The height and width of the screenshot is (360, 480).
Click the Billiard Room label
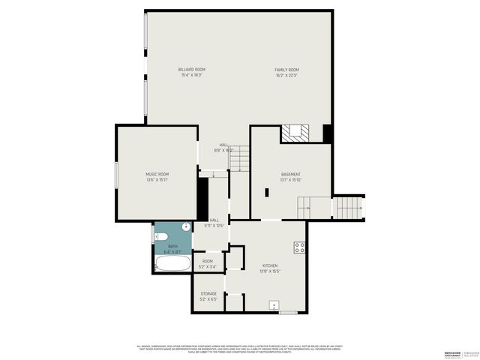coord(193,70)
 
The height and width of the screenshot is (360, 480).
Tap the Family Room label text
coord(286,70)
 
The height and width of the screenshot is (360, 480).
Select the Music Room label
coord(157,174)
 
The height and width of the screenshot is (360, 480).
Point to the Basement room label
coord(290,175)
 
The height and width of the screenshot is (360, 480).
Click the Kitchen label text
coord(269,266)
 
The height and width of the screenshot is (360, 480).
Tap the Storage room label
coord(208,293)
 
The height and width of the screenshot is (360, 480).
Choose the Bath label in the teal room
coord(173,246)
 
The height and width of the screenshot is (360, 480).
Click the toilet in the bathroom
coord(161,237)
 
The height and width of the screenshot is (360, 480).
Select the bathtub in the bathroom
coord(172,265)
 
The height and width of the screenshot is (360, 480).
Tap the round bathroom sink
coord(185,226)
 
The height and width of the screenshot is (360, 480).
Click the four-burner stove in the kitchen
coord(299,247)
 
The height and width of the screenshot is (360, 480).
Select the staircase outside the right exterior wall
coord(349,206)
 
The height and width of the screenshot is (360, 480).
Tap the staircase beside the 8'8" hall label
coord(238,158)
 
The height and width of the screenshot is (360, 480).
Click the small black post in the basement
coord(266,192)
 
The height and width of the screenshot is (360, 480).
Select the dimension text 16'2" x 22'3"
coord(286,75)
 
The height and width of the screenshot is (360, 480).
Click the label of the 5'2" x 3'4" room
coord(208,261)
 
